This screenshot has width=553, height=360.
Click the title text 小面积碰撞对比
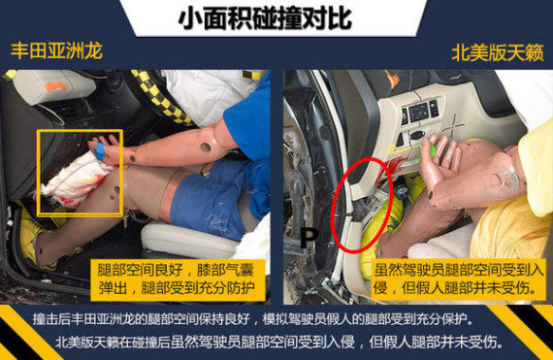tap(265, 18)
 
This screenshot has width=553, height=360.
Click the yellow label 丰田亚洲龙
tap(56, 51)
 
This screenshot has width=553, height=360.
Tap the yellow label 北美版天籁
tap(498, 53)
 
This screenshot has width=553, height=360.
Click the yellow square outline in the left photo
tap(38, 172)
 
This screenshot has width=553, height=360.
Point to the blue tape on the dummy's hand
tap(99, 151)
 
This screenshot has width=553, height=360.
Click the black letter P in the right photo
tap(309, 239)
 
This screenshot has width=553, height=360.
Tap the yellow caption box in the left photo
tap(178, 280)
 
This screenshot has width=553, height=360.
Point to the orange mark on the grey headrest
tap(56, 86)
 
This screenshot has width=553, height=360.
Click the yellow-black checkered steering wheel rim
tap(159, 98)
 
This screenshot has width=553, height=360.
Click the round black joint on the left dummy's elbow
tap(206, 147)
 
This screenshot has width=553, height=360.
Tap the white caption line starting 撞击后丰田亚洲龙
tap(252, 319)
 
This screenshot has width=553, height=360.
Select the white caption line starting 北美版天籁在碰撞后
tap(278, 342)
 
